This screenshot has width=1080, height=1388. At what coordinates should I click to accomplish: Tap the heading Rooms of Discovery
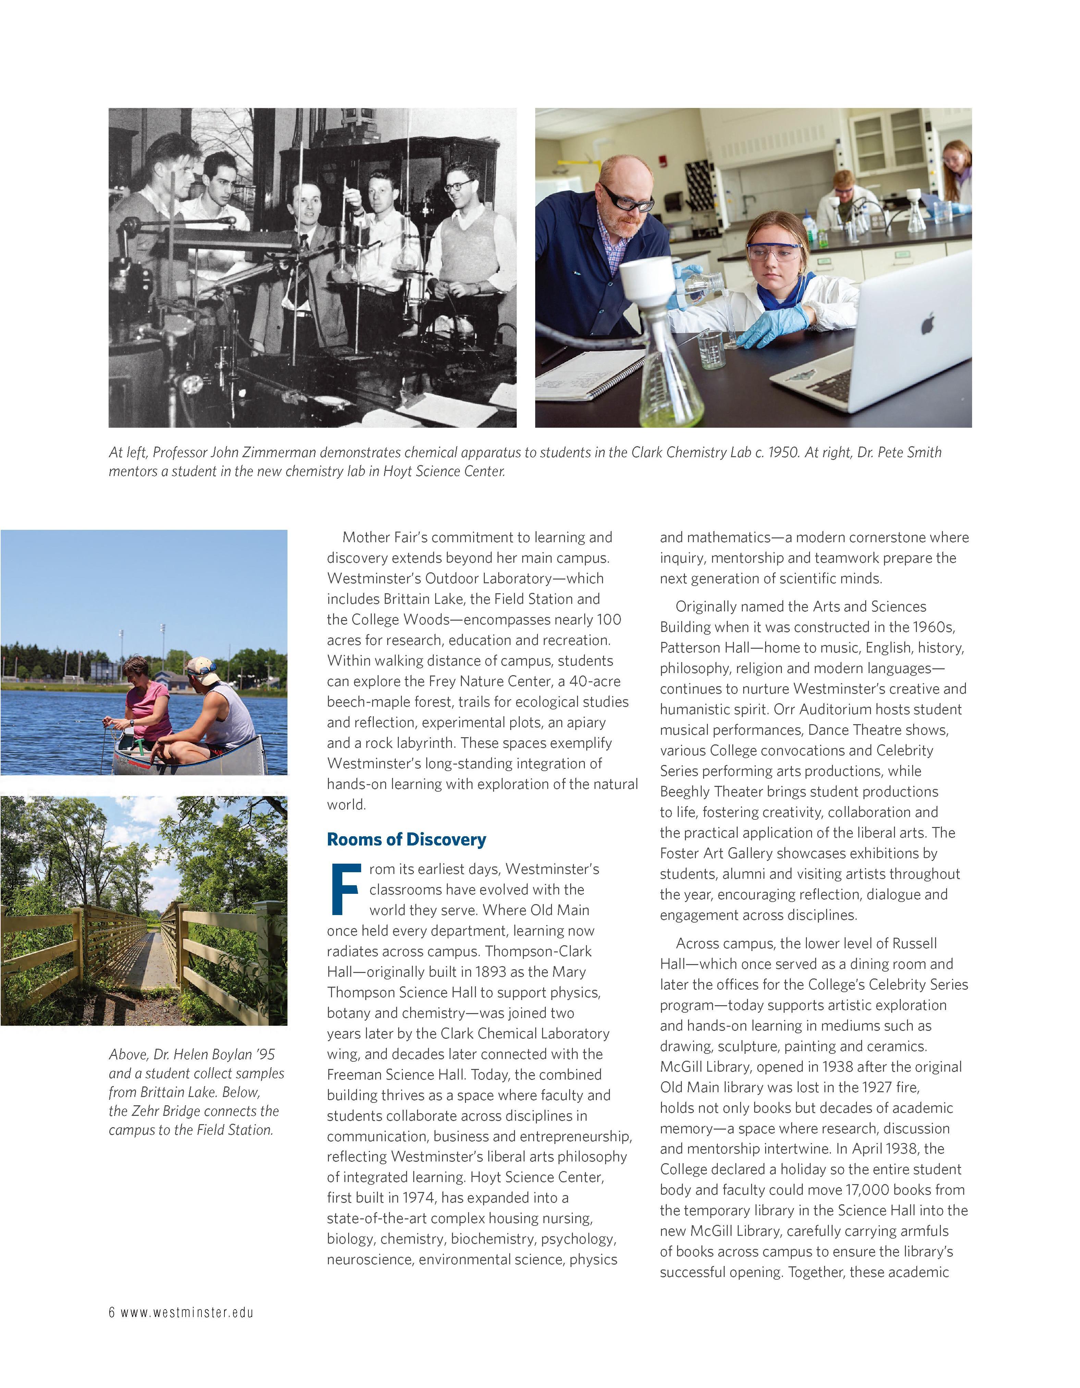point(407,840)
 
